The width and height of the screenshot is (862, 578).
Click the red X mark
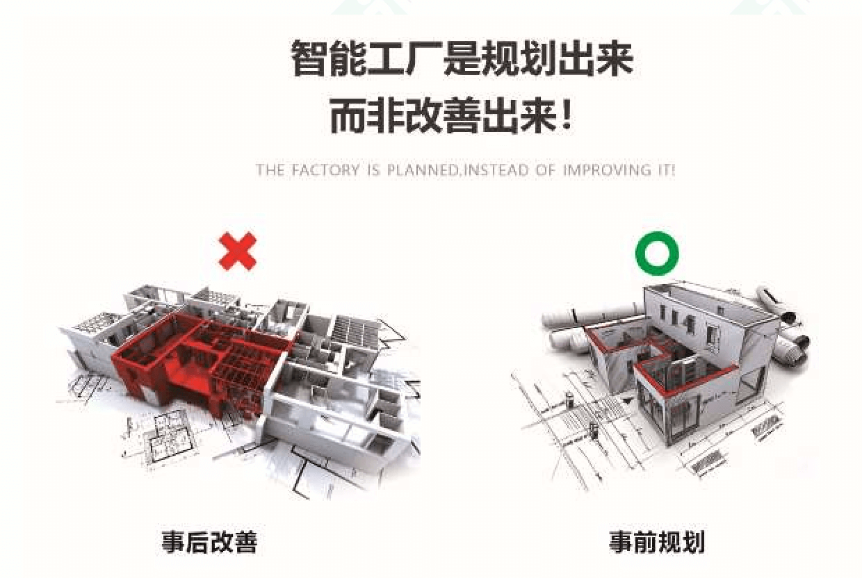click(x=237, y=251)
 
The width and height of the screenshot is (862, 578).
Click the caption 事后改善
click(x=209, y=542)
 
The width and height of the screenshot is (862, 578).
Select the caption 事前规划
click(x=657, y=543)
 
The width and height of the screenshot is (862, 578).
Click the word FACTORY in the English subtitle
click(x=325, y=170)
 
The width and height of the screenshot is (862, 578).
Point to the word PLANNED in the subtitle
click(x=422, y=170)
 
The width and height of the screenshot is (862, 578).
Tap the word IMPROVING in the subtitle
click(x=607, y=170)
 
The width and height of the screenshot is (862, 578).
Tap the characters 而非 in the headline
click(x=367, y=116)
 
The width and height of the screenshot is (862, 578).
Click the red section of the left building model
click(x=200, y=363)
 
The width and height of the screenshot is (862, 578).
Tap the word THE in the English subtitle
click(x=270, y=170)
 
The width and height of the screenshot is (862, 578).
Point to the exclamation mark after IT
click(x=673, y=170)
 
